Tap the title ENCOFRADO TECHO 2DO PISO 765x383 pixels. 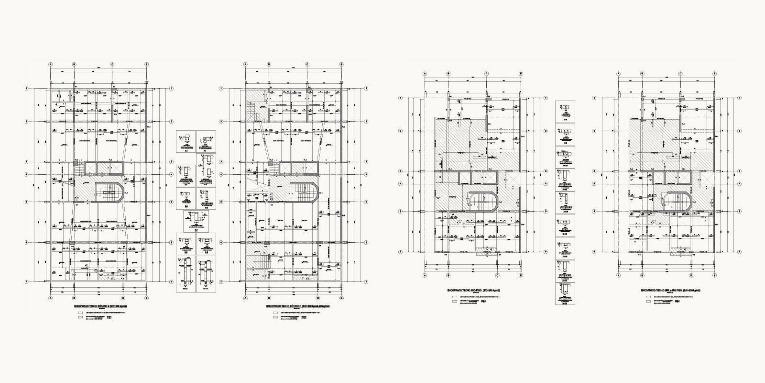pyautogui.click(x=473, y=291)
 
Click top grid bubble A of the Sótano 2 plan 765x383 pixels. pyautogui.click(x=50, y=64)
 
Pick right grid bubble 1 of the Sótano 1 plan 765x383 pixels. pyautogui.click(x=366, y=88)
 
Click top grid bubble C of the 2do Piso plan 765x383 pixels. pyautogui.click(x=486, y=74)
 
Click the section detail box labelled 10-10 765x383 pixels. pyautogui.click(x=186, y=275)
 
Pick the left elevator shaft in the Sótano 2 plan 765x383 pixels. pyautogui.click(x=90, y=169)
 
